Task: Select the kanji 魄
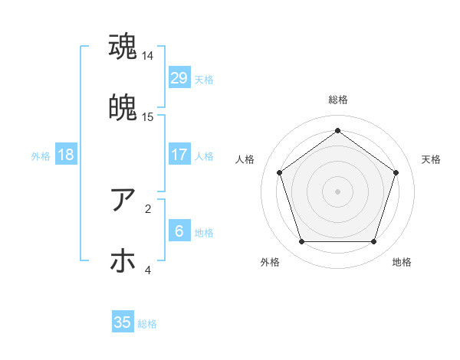123,108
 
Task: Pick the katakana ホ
123,261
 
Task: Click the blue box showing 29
179,77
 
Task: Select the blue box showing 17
179,154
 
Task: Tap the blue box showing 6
179,231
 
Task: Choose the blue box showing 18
66,154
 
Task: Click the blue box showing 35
123,322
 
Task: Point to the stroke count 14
149,56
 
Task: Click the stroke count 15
149,117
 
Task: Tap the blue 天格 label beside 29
204,79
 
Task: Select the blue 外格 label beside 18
41,155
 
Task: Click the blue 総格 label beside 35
147,324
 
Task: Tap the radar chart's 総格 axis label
338,100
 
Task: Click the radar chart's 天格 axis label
431,159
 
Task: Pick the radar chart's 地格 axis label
402,262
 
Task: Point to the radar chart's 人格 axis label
245,159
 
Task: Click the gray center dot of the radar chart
338,191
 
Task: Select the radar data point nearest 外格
301,242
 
